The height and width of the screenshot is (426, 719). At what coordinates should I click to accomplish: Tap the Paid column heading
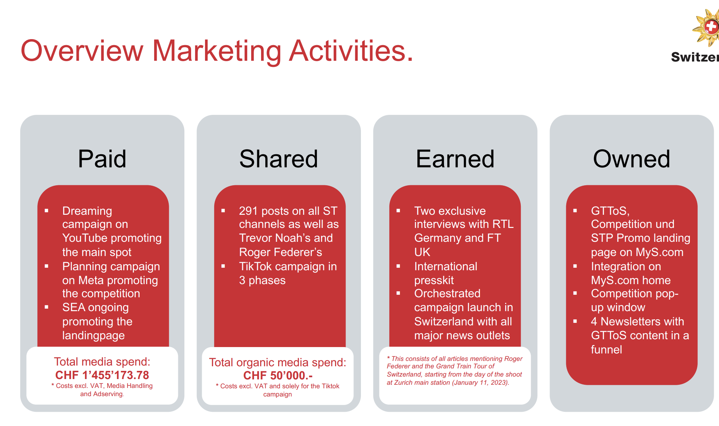pos(102,159)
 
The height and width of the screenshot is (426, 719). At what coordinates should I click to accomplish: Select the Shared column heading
pos(279,159)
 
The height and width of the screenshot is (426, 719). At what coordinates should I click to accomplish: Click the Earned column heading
pos(455,159)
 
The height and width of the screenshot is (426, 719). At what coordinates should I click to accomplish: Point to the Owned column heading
pos(632,159)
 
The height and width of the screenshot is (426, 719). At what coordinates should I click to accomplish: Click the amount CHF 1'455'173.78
pos(102,375)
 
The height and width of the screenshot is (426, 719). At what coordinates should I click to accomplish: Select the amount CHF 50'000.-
pos(278,376)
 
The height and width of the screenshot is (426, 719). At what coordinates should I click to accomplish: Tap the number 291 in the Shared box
pos(248,211)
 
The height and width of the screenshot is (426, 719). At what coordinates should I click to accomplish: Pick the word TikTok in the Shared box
pos(257,266)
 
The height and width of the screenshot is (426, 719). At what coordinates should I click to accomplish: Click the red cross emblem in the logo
pos(711,26)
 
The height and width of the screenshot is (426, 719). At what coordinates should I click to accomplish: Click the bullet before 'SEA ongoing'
pos(47,307)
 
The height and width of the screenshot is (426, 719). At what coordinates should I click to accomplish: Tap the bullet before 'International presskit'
pos(398,266)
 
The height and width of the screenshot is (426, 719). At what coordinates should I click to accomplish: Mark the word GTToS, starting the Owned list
pos(610,211)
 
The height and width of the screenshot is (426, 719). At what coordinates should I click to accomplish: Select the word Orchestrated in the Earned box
pos(447,293)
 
